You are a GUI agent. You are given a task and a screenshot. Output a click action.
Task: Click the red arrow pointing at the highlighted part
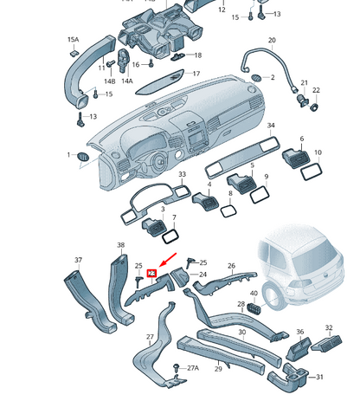coord(164,262)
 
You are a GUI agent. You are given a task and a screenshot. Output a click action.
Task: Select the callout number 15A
coord(73,40)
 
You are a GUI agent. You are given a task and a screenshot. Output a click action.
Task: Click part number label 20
coord(271,41)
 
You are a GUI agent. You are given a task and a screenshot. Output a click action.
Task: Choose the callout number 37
coord(78,259)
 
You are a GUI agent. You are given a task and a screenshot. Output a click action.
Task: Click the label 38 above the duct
coord(120,245)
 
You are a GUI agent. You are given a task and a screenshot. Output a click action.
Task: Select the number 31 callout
coord(318,377)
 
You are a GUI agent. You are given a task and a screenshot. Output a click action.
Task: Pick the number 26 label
coord(231,266)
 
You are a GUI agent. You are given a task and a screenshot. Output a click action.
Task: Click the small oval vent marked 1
coord(84,156)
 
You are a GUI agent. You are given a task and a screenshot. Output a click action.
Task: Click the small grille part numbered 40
coord(254,307)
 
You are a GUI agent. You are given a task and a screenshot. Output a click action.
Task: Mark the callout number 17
coord(196,74)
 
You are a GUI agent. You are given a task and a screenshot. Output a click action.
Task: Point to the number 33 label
coord(182,175)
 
